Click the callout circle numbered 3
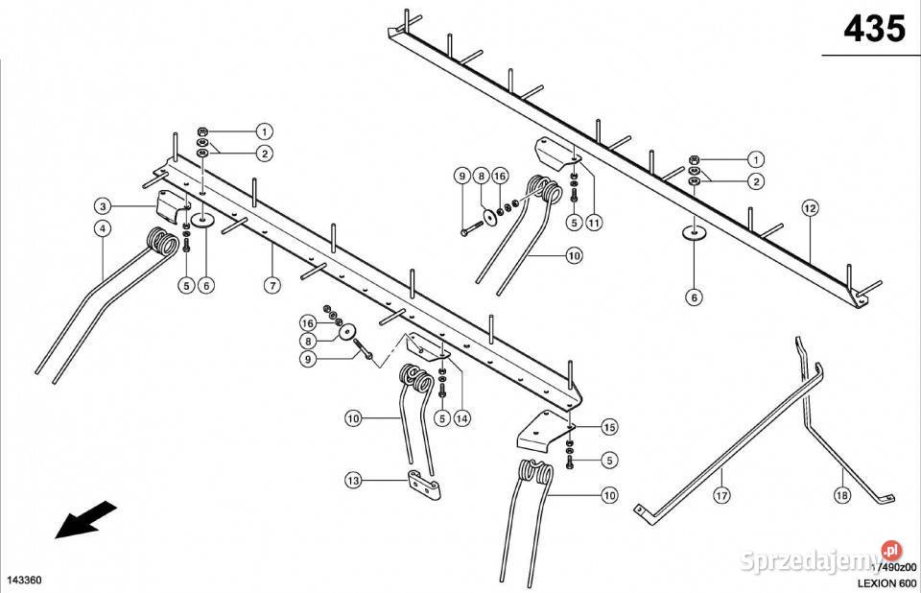pos(103,206)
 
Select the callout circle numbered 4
pos(103,228)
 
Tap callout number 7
pos(272,286)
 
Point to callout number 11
pos(594,223)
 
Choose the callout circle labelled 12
pos(810,207)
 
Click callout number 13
pos(353,480)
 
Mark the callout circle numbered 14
pos(462,417)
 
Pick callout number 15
pos(608,426)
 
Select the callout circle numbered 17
pos(720,495)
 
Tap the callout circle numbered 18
pos(841,495)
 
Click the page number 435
pos(873,30)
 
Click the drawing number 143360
pos(23,581)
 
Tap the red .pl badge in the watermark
pos(892,551)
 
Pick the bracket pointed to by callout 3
pos(172,204)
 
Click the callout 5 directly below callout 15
pos(608,461)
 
